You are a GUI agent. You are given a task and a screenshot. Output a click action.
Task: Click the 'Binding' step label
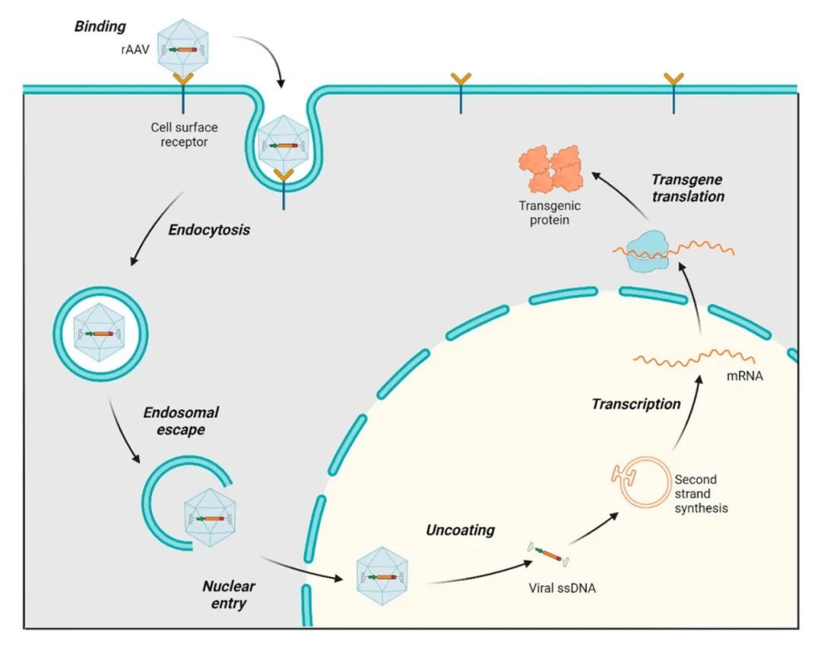pos(100,27)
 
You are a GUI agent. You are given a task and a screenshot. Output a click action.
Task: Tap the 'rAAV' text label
pos(135,49)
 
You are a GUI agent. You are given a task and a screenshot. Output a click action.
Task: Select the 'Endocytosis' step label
pos(209,230)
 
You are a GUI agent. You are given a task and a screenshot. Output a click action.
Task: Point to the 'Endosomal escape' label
pos(181,421)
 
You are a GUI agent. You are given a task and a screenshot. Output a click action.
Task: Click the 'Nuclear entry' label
pos(229,595)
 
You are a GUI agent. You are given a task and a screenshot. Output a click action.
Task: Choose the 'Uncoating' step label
pos(460,530)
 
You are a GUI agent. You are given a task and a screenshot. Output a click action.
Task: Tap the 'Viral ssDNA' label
pos(563,588)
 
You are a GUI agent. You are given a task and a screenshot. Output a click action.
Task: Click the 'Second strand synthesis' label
pos(701,493)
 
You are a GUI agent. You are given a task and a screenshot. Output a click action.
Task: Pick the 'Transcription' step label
pos(636,404)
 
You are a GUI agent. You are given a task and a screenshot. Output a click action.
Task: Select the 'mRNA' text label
pos(744,376)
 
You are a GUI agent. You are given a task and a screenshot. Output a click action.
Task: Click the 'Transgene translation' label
pos(688,188)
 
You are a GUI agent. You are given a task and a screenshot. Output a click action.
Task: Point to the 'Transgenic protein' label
pos(550,213)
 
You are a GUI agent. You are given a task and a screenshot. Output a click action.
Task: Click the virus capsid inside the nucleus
pos(382,576)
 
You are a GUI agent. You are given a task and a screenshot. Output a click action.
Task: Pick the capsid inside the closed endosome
pos(100,334)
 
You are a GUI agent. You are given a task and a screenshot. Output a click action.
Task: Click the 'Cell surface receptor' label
pos(184,135)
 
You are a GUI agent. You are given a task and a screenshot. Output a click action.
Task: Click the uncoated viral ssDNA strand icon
pos(548,554)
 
